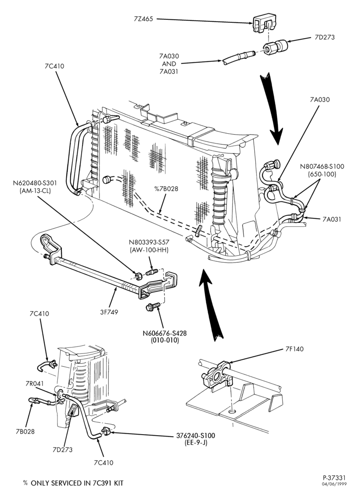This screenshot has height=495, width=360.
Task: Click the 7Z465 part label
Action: click(143, 19)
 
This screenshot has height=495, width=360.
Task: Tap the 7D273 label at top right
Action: click(325, 37)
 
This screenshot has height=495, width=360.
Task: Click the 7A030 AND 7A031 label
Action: click(169, 64)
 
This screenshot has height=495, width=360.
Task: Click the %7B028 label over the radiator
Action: click(166, 189)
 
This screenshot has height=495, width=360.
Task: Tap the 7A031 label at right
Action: click(332, 219)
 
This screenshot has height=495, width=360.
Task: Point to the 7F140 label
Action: click(294, 349)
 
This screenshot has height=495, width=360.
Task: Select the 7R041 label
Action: click(35, 384)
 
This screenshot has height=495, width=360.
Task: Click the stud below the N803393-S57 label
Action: click(152, 271)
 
